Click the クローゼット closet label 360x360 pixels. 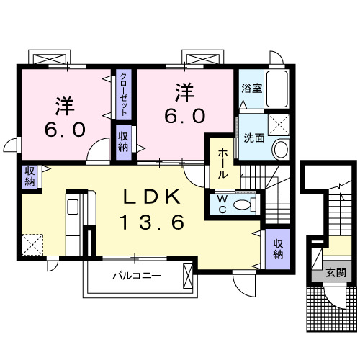tap(124, 95)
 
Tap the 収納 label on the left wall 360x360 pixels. tap(29, 176)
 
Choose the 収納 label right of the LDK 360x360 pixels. tap(278, 248)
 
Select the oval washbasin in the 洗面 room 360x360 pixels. tap(280, 150)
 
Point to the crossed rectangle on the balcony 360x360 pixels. tap(189, 276)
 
